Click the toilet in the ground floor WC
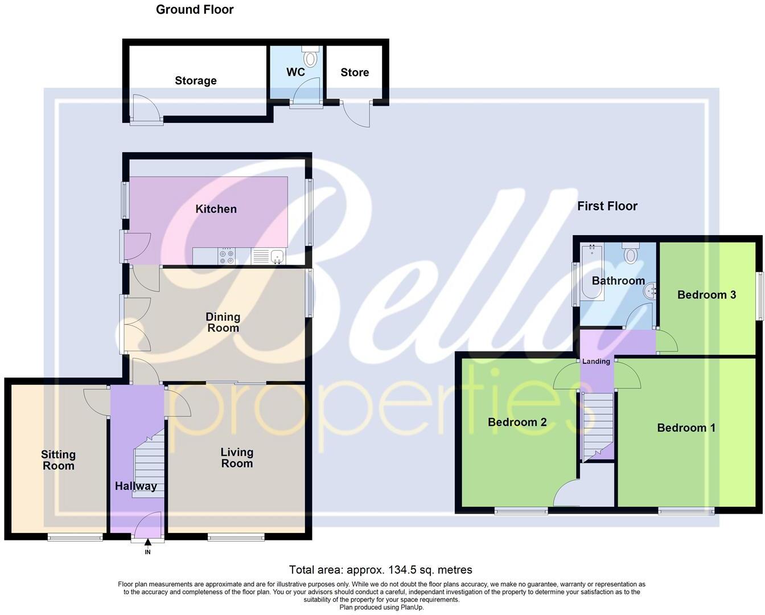pyautogui.click(x=311, y=58)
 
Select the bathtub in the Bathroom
pyautogui.click(x=590, y=273)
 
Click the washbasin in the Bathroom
pyautogui.click(x=649, y=292)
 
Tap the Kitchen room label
pyautogui.click(x=216, y=209)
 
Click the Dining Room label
pyautogui.click(x=223, y=322)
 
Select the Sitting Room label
pyautogui.click(x=58, y=460)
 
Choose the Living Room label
pyautogui.click(x=237, y=458)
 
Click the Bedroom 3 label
pyautogui.click(x=706, y=294)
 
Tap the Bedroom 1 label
pyautogui.click(x=686, y=428)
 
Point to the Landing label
pyautogui.click(x=596, y=362)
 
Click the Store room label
pyautogui.click(x=355, y=72)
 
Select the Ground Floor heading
pyautogui.click(x=195, y=9)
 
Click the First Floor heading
pyautogui.click(x=607, y=206)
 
